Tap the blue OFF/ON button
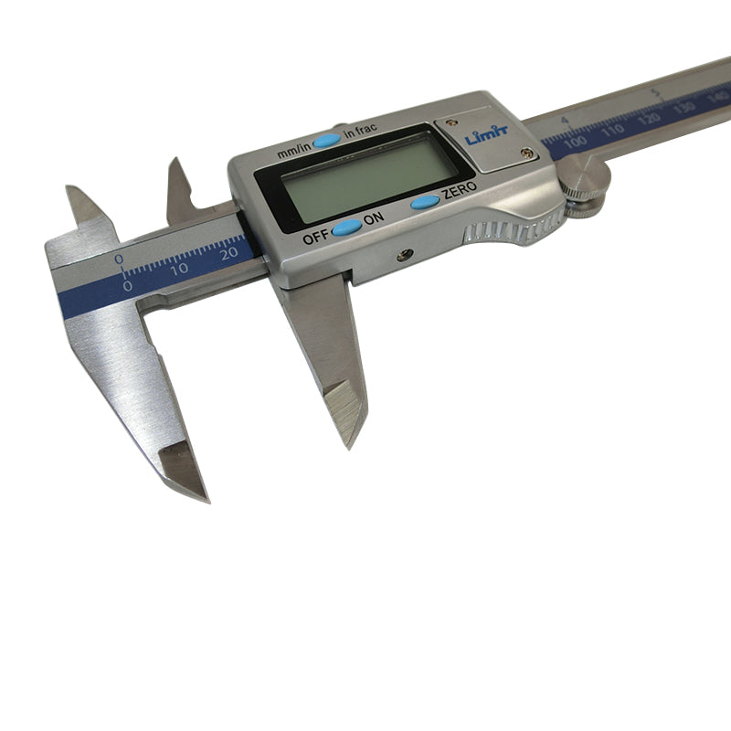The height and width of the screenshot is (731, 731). (x=346, y=228)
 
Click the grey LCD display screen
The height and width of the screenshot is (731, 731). (x=365, y=175)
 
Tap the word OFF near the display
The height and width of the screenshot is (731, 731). (x=314, y=237)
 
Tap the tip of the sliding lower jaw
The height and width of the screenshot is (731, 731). (x=353, y=439)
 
